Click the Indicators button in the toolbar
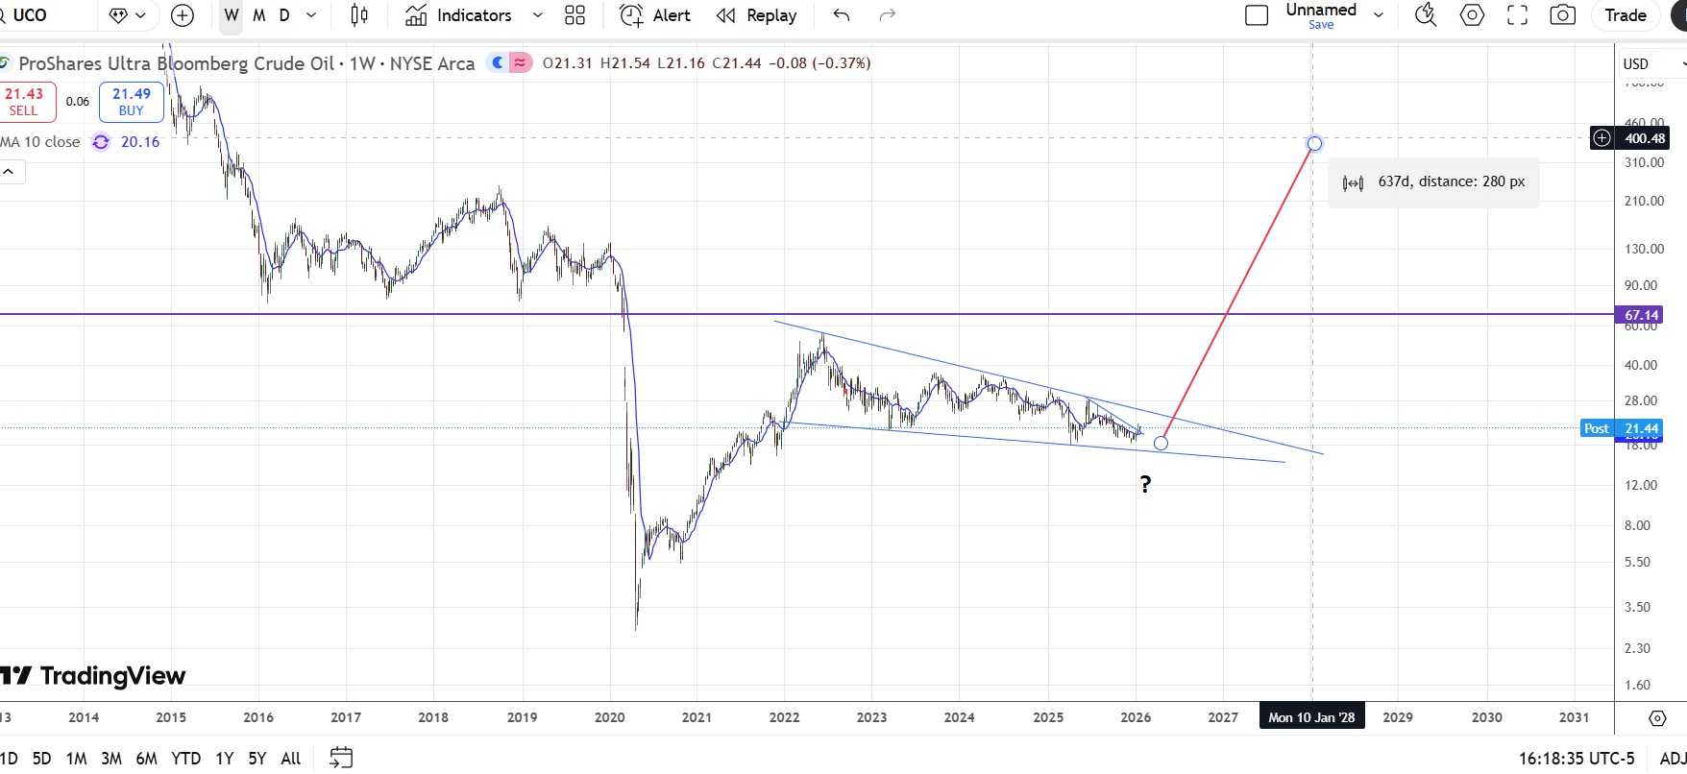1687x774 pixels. (x=459, y=15)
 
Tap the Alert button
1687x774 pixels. (x=656, y=15)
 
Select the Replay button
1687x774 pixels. (x=757, y=15)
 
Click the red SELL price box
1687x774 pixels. (x=25, y=101)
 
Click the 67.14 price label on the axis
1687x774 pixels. (x=1641, y=315)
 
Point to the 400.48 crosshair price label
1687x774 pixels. (x=1643, y=138)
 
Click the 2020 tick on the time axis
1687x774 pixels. (x=609, y=717)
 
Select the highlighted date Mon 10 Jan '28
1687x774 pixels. (x=1311, y=717)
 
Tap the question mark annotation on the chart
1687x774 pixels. (x=1145, y=484)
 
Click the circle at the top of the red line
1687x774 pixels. (x=1314, y=143)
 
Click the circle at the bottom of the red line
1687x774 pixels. (x=1161, y=443)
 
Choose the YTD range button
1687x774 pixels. (x=185, y=759)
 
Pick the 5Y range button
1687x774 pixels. (x=257, y=759)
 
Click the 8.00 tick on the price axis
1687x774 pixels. (x=1638, y=525)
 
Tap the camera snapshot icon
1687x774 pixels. (x=1563, y=15)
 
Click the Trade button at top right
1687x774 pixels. (x=1626, y=15)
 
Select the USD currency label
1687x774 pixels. (x=1636, y=63)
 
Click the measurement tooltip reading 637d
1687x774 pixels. (x=1434, y=182)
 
